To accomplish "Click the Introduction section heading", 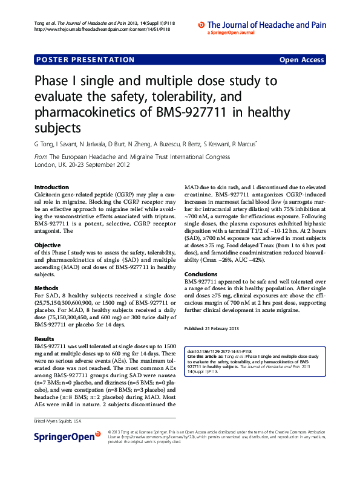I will pyautogui.click(x=51, y=187).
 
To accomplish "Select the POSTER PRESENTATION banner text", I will pyautogui.click(x=85, y=60).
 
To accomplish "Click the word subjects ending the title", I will pyautogui.click(x=57, y=128).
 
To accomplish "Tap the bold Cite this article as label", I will pyautogui.click(x=208, y=357).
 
